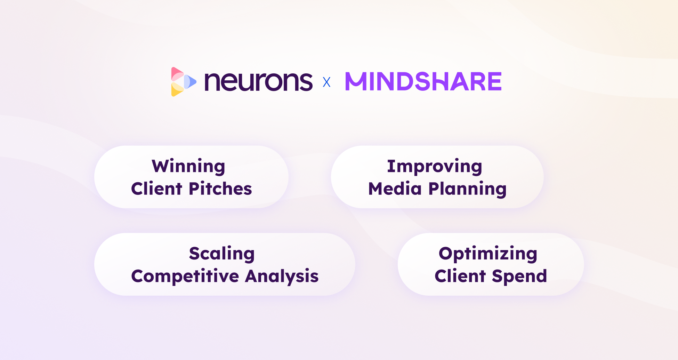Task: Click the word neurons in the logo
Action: (x=259, y=82)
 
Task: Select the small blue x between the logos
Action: (x=326, y=82)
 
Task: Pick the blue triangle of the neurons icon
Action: (x=190, y=82)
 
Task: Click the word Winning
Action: (x=188, y=167)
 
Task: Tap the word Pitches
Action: (x=220, y=189)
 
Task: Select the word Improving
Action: (x=435, y=167)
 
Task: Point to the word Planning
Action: (x=467, y=190)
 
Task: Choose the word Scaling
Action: (x=222, y=254)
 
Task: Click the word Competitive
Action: (x=185, y=277)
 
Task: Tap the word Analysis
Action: (x=282, y=277)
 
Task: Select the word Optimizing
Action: (x=488, y=254)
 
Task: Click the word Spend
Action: (x=520, y=277)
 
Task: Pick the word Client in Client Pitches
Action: (x=157, y=189)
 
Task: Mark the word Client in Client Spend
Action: (x=460, y=276)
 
